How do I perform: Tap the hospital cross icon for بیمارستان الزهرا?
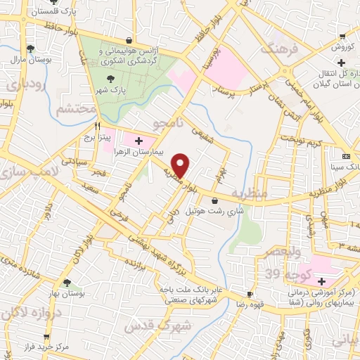tap(138, 141)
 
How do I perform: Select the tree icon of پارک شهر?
tap(110, 79)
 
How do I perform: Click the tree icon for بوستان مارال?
tap(30, 49)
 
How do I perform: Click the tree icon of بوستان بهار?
tap(66, 283)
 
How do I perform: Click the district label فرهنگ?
tap(280, 49)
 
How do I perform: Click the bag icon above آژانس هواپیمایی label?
tap(128, 40)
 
